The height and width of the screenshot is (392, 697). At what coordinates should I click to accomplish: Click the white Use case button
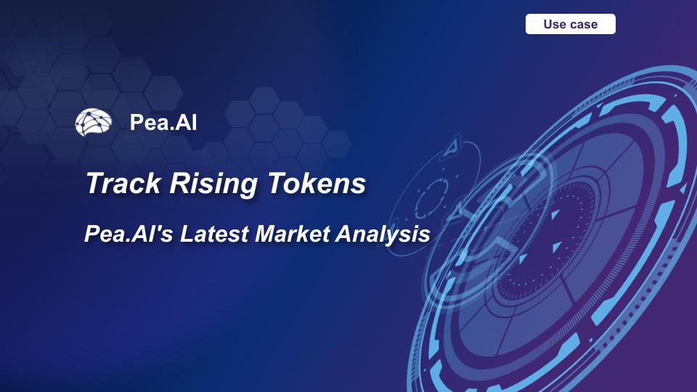pos(571,24)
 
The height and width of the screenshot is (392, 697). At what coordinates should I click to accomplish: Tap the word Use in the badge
pos(555,24)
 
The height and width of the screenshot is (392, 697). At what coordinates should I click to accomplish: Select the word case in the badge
pos(584,24)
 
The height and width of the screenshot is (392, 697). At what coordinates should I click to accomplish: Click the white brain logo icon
pos(94,122)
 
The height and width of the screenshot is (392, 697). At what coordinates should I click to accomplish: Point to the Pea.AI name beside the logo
pos(163,122)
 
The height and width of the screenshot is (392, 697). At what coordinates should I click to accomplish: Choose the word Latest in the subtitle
pos(211,234)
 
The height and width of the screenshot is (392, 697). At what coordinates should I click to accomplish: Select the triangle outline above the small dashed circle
pos(452,144)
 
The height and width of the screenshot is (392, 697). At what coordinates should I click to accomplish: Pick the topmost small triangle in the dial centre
pos(553,216)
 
